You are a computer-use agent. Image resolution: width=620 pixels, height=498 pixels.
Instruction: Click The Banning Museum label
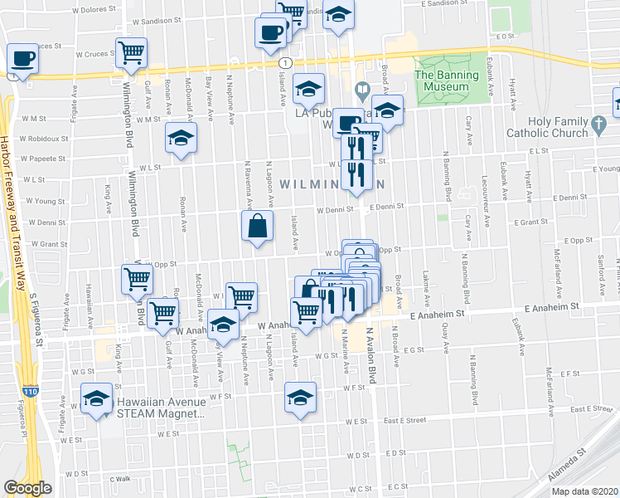tap(447, 81)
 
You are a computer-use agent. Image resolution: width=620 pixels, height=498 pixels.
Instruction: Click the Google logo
tap(27, 488)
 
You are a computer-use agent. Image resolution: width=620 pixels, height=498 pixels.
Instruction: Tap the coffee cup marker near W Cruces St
tap(23, 59)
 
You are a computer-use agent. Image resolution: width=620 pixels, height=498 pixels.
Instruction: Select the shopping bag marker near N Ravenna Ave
tap(258, 226)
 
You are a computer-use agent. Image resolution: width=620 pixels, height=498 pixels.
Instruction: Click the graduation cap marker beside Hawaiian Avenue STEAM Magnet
tap(97, 398)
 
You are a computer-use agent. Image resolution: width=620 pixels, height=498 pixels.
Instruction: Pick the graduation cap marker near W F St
tap(300, 397)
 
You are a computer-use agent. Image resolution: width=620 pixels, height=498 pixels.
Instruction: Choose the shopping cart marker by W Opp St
tap(137, 279)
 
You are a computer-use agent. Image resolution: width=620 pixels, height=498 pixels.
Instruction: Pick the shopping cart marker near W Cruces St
tap(132, 53)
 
